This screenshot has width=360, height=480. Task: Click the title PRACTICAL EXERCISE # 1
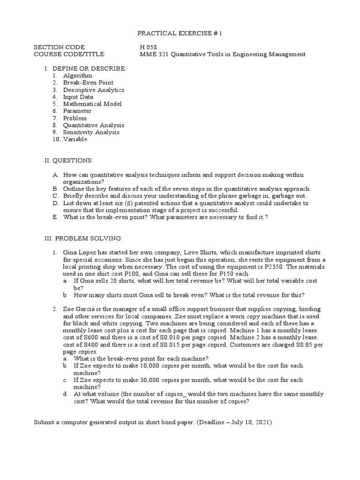180,34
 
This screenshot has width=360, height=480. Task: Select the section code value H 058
149,47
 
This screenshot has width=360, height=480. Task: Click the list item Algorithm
78,75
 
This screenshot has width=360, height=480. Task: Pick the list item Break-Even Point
88,82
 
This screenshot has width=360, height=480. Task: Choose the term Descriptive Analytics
94,90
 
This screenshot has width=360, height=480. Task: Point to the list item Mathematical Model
92,104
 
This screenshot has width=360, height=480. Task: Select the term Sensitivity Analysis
91,132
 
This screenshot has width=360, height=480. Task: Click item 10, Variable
75,139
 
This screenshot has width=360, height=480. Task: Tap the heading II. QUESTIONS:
68,160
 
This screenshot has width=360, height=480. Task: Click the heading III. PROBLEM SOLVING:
83,238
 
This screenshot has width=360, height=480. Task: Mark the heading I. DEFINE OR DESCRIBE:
85,68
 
